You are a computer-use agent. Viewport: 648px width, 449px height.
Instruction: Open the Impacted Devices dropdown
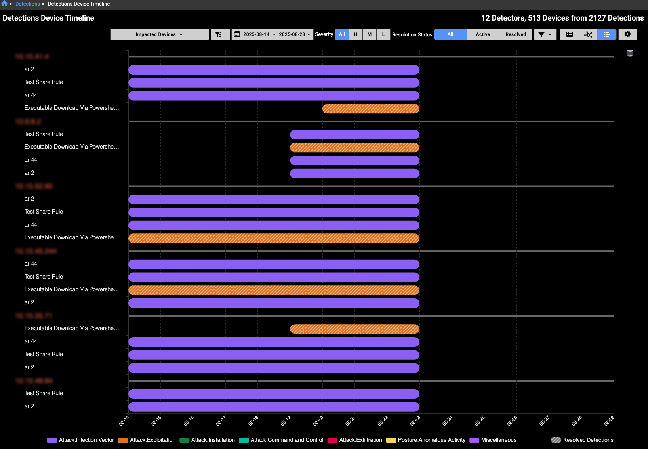[x=159, y=34]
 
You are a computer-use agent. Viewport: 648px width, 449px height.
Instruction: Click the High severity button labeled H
[x=356, y=34]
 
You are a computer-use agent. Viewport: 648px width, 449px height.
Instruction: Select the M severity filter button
[x=370, y=34]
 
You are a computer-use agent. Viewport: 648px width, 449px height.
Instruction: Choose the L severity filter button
[x=383, y=34]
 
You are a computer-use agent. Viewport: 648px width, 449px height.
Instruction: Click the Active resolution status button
[x=483, y=34]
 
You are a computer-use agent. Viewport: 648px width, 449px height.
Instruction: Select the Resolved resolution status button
[x=516, y=34]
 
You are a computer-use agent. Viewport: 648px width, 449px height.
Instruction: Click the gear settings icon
[x=628, y=34]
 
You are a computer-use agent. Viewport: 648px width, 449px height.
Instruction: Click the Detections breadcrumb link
[x=28, y=4]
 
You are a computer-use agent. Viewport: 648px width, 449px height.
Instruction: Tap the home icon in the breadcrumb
[x=4, y=4]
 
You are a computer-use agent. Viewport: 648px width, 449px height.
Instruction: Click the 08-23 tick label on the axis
[x=415, y=420]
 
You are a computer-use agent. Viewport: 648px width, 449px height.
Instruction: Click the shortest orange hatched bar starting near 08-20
[x=371, y=109]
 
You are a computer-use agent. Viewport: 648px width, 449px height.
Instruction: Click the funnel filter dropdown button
[x=545, y=34]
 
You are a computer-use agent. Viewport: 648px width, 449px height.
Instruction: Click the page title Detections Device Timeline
[x=48, y=18]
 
